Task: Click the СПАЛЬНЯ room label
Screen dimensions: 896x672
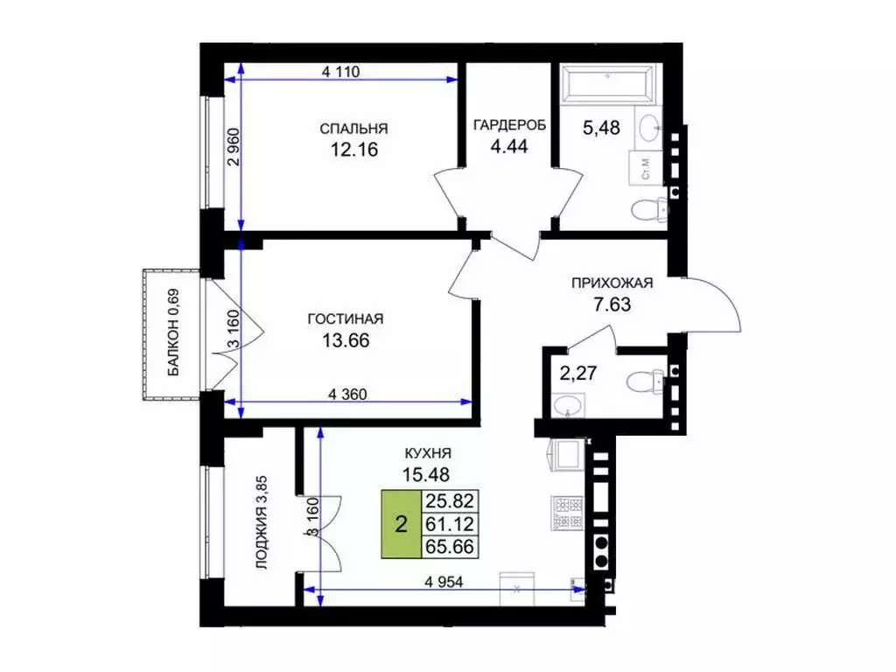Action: pyautogui.click(x=353, y=129)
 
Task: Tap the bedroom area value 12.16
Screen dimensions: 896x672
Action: pyautogui.click(x=354, y=150)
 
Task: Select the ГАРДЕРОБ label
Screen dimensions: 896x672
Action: pyautogui.click(x=509, y=124)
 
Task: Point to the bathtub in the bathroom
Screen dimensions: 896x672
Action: pyautogui.click(x=607, y=84)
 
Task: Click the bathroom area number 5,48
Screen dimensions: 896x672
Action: pyautogui.click(x=601, y=128)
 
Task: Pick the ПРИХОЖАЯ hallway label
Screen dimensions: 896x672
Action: pyautogui.click(x=612, y=283)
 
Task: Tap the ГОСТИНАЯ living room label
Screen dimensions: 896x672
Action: pyautogui.click(x=346, y=318)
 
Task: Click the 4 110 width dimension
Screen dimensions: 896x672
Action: pyautogui.click(x=341, y=72)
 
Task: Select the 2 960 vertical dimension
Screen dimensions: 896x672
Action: pyautogui.click(x=234, y=146)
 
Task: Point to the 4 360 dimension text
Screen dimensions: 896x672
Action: pyautogui.click(x=347, y=394)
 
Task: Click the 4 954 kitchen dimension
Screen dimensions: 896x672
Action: pyautogui.click(x=444, y=582)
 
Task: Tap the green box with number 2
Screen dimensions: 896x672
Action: pyautogui.click(x=401, y=523)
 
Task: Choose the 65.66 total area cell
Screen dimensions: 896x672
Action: pyautogui.click(x=450, y=547)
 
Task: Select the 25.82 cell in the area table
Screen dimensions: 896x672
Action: pyautogui.click(x=450, y=501)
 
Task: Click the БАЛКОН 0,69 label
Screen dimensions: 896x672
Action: pyautogui.click(x=174, y=332)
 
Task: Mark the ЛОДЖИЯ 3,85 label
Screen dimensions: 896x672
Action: pyautogui.click(x=262, y=523)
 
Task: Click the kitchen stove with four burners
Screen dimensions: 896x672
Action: pyautogui.click(x=567, y=513)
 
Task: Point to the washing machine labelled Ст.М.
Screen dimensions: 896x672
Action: pyautogui.click(x=646, y=168)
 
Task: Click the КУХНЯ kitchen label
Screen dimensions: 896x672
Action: pyautogui.click(x=427, y=453)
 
